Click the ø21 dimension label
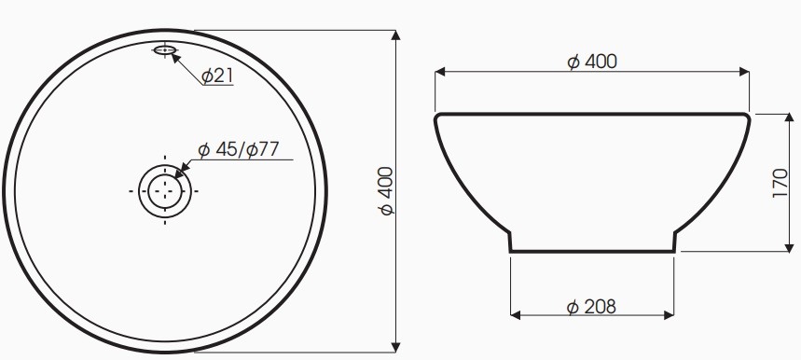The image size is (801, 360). pyautogui.click(x=217, y=76)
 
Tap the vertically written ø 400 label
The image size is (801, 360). pyautogui.click(x=385, y=191)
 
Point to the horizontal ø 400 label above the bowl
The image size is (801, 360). pyautogui.click(x=592, y=62)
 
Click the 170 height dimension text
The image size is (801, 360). pyautogui.click(x=780, y=184)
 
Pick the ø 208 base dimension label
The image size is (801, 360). pyautogui.click(x=591, y=306)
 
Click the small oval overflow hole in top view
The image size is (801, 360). pyautogui.click(x=165, y=49)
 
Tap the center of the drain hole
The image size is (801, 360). pyautogui.click(x=165, y=190)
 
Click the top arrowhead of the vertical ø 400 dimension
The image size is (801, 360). pyautogui.click(x=396, y=36)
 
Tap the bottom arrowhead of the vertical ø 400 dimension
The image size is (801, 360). pyautogui.click(x=396, y=346)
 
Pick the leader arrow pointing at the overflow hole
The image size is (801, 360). pyautogui.click(x=174, y=56)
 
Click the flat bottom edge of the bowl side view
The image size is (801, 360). pyautogui.click(x=591, y=252)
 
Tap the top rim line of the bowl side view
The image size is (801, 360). pyautogui.click(x=591, y=114)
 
